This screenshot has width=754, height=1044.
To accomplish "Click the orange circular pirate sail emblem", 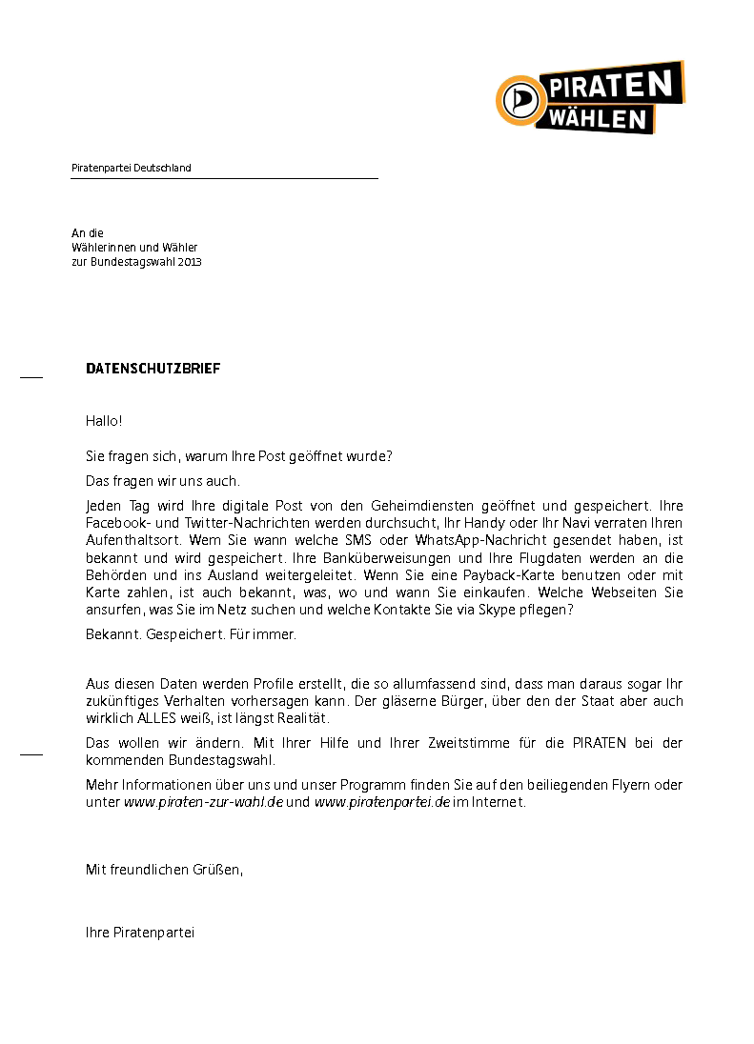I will (520, 99).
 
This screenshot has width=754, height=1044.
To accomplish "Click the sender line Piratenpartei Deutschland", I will (132, 168).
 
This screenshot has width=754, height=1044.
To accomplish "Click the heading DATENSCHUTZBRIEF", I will (153, 369).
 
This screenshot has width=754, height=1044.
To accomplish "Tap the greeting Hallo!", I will (104, 420).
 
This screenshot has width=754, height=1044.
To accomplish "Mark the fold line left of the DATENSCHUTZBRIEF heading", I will (31, 378).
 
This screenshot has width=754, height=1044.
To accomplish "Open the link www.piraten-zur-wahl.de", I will (203, 802).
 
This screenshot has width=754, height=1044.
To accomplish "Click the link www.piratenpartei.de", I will (381, 802).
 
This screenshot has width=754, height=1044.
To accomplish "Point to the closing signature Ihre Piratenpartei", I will (140, 933).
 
